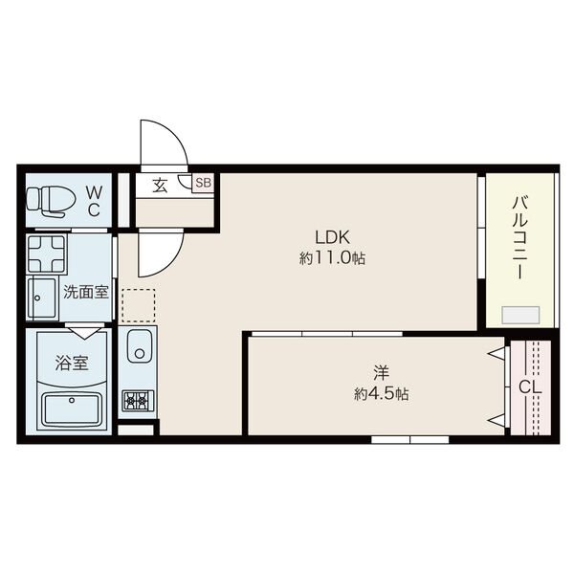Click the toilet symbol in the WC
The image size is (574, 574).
(51, 201)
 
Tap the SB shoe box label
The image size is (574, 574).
(204, 183)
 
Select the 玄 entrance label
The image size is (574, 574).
(160, 186)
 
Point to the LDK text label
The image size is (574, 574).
(332, 237)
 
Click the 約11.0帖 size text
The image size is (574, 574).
(332, 259)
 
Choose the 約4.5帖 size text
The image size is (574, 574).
(381, 394)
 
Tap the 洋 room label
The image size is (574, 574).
(381, 373)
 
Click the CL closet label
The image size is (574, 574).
(530, 387)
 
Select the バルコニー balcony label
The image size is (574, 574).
(520, 238)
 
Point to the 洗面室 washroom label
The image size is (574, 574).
(86, 292)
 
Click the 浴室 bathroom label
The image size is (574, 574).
(72, 363)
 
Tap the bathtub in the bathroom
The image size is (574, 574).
(72, 409)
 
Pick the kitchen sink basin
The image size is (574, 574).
(139, 346)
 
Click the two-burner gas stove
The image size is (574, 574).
(139, 401)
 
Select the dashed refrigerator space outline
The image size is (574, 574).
(139, 306)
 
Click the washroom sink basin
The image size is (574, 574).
(42, 298)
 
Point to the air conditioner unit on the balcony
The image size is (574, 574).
(520, 315)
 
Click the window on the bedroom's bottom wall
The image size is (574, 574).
(410, 439)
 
